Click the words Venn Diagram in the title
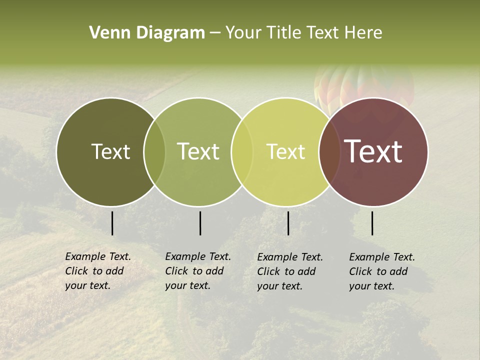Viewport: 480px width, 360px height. click(147, 32)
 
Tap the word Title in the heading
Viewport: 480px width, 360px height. click(283, 32)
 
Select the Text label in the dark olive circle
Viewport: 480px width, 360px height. click(110, 151)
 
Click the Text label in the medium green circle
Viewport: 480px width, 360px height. click(198, 151)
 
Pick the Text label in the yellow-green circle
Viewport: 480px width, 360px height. click(285, 151)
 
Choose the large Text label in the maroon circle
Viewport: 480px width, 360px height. click(373, 151)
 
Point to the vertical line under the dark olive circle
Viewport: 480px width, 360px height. click(112, 223)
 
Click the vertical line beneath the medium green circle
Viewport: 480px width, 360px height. click(200, 223)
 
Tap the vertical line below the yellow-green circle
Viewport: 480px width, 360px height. click(288, 223)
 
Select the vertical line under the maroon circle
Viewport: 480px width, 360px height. click(372, 223)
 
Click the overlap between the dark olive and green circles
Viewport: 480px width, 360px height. click(154, 152)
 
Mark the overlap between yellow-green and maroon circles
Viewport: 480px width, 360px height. click(327, 152)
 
